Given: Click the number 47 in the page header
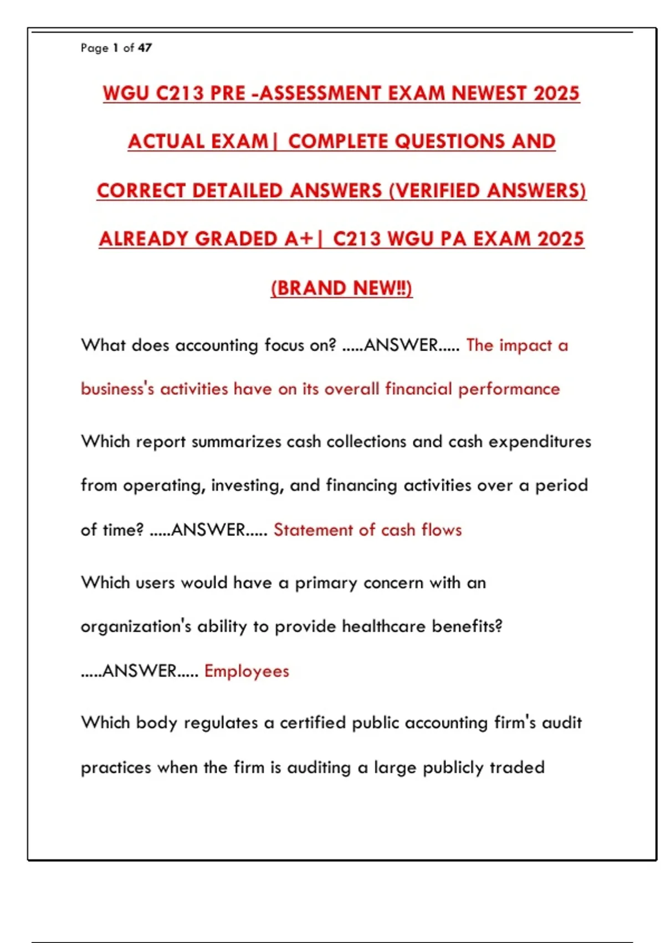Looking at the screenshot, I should point(145,48).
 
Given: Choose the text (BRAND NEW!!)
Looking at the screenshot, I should point(341,288).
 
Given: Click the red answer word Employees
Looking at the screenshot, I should point(247,671).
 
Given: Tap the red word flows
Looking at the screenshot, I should point(442,530).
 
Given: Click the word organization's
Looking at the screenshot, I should point(136,627).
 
